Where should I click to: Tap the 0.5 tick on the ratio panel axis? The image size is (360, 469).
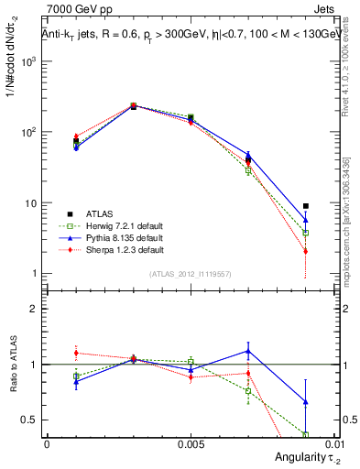pyautogui.click(x=32, y=420)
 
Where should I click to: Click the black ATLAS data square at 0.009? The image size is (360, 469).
pyautogui.click(x=306, y=206)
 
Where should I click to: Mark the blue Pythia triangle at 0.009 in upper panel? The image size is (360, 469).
pyautogui.click(x=306, y=220)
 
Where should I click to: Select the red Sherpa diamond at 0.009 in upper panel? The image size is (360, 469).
pyautogui.click(x=306, y=251)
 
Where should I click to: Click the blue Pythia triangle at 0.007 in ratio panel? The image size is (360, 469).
pyautogui.click(x=248, y=350)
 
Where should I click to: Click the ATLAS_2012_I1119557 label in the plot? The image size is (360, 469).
pyautogui.click(x=190, y=273)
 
